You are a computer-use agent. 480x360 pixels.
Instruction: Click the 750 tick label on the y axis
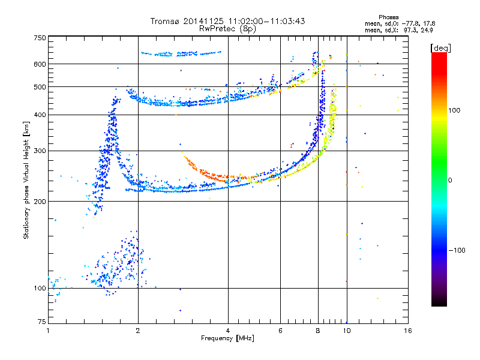(x=40, y=37)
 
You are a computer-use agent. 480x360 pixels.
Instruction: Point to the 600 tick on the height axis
(x=40, y=64)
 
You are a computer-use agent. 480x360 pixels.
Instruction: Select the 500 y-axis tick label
(x=40, y=87)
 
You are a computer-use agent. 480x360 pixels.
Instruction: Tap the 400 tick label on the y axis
(x=40, y=115)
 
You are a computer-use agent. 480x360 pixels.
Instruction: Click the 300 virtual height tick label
(x=40, y=151)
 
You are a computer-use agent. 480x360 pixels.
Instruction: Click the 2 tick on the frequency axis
(x=138, y=331)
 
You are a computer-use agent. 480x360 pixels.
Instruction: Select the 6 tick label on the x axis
(x=281, y=331)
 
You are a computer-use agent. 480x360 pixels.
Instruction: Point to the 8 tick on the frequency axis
(x=318, y=331)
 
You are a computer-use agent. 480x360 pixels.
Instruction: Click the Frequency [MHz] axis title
(x=227, y=338)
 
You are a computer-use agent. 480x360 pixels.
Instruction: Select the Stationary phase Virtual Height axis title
(x=26, y=180)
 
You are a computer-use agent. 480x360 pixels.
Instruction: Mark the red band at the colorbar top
(x=439, y=57)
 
